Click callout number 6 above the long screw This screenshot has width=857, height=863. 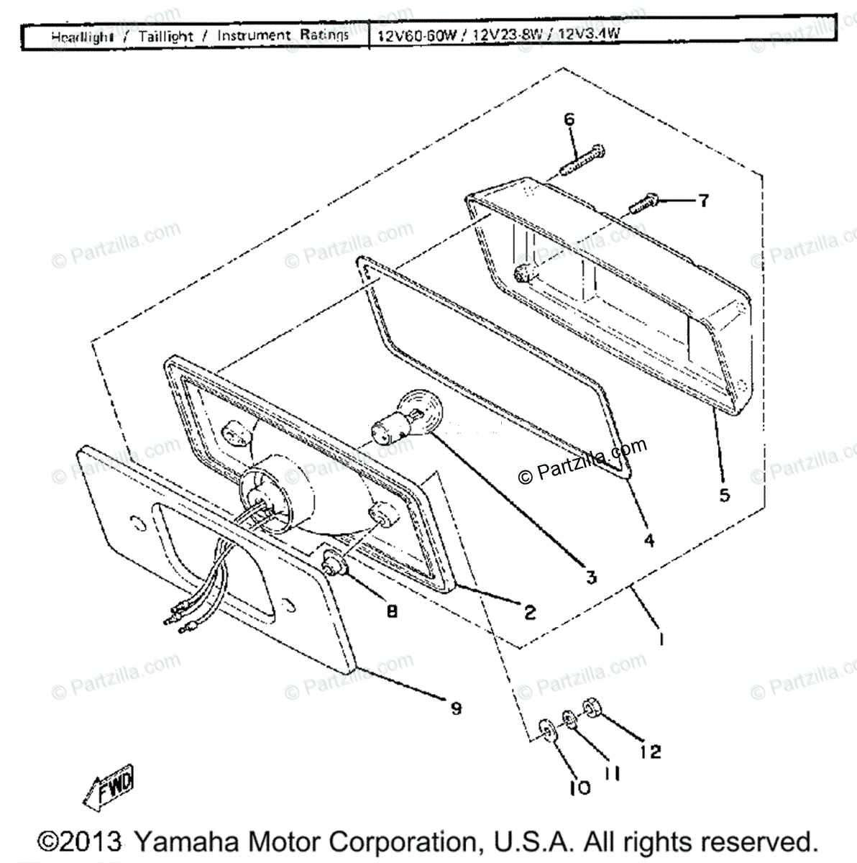coord(569,119)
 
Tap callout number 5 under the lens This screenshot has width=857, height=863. coord(724,495)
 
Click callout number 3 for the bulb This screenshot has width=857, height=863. coord(591,576)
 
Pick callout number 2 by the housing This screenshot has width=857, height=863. coord(530,612)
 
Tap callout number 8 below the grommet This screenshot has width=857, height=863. coord(392,611)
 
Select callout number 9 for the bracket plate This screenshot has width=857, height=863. coord(455,708)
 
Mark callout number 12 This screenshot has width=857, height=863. coord(649,752)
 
